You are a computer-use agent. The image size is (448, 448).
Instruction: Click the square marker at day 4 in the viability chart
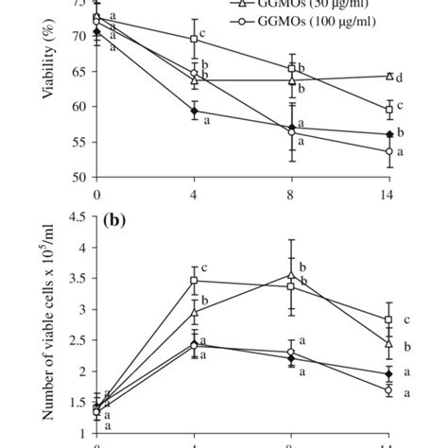click(x=194, y=39)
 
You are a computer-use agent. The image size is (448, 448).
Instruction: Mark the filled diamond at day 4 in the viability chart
click(x=194, y=111)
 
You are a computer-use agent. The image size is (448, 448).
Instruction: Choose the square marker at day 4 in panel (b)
click(x=194, y=280)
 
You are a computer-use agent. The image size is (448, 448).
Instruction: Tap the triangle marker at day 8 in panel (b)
click(x=291, y=275)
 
